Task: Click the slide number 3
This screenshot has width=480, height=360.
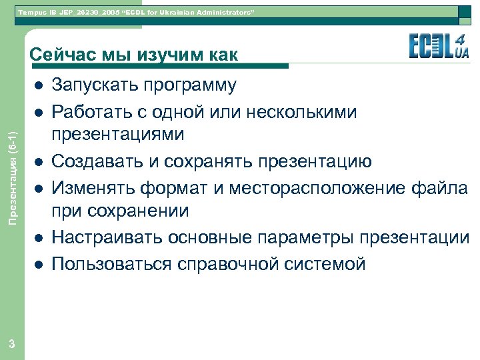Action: point(12,344)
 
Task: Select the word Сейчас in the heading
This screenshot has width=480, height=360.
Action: point(59,55)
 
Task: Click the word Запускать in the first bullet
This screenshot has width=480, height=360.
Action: point(93,86)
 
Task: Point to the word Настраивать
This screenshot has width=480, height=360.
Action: point(101,238)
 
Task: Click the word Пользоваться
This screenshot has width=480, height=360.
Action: point(109,263)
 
